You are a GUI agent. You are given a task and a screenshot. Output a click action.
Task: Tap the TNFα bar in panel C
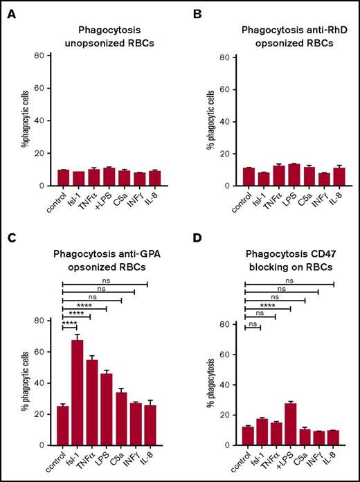[x=91, y=402]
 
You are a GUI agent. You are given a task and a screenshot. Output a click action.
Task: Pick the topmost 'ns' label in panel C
[x=105, y=278]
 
